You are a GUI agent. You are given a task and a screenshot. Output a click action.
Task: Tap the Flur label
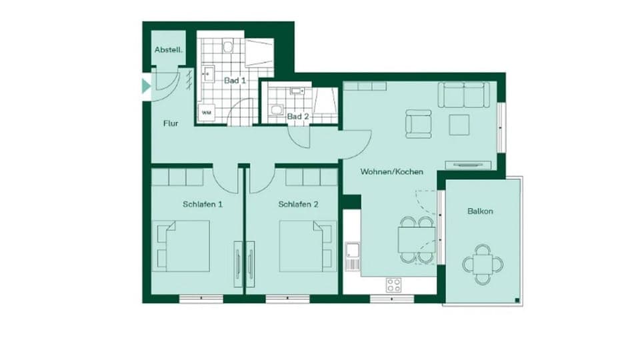point(171,123)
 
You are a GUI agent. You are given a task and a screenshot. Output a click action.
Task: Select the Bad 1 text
point(235,81)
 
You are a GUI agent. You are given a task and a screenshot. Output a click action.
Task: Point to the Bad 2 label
point(298,117)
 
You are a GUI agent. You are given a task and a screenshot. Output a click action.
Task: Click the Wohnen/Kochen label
point(392,171)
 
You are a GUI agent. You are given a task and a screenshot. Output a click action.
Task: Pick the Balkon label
point(480,211)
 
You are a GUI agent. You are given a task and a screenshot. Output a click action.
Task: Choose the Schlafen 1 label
point(203,205)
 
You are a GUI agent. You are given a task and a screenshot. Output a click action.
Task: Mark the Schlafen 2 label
point(298,205)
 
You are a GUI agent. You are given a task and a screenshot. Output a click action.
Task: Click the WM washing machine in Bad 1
point(206,113)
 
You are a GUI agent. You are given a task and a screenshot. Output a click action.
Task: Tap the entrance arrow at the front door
point(146,86)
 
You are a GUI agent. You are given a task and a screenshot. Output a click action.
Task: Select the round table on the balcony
point(483,264)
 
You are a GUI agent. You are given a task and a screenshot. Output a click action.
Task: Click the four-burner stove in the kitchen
point(394,285)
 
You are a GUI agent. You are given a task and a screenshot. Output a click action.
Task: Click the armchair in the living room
point(419,124)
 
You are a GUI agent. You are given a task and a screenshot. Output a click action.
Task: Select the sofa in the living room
point(463,95)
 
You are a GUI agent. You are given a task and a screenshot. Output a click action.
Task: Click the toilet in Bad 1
point(228,47)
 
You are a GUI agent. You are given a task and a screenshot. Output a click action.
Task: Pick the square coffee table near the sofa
point(459,125)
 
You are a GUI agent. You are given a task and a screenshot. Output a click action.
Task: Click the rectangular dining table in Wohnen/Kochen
point(417,239)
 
